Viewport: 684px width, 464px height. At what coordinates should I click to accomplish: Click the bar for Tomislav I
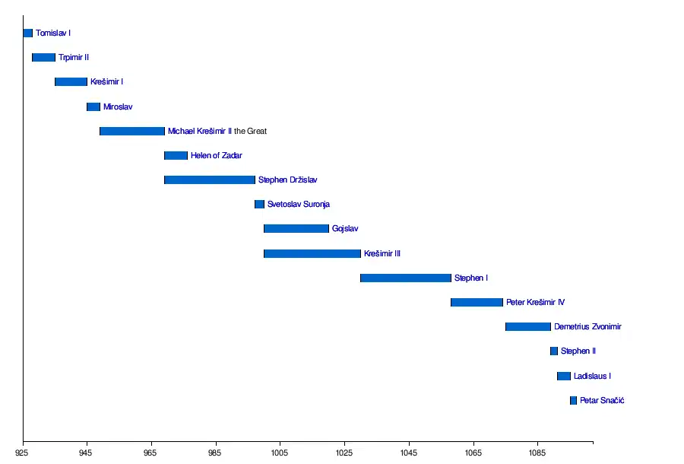[x=28, y=33]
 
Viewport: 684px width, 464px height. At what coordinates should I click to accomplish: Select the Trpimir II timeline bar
[x=43, y=58]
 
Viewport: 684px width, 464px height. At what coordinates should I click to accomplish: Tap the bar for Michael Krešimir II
[x=132, y=131]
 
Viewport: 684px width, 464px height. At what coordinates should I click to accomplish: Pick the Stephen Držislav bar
[x=210, y=180]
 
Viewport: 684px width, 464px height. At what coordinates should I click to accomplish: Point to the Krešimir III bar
[x=312, y=253]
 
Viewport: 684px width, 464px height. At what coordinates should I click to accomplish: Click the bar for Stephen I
[x=406, y=278]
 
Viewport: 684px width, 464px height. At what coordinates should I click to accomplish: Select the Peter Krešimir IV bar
[x=477, y=303]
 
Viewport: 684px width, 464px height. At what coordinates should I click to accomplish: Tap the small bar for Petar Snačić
[x=573, y=401]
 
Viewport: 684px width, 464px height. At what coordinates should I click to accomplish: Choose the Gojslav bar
[x=296, y=229]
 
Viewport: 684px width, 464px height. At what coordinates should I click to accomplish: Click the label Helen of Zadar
[x=217, y=156]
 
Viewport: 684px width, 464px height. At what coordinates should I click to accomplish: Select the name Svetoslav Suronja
[x=299, y=205]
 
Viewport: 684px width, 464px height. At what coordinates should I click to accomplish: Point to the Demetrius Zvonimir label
[x=587, y=327]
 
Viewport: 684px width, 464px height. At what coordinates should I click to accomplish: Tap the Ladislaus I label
[x=592, y=377]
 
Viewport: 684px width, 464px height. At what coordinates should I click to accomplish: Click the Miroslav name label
[x=118, y=107]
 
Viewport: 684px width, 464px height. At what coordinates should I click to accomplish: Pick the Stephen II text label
[x=578, y=351]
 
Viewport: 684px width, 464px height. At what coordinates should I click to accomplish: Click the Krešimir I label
[x=106, y=82]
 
